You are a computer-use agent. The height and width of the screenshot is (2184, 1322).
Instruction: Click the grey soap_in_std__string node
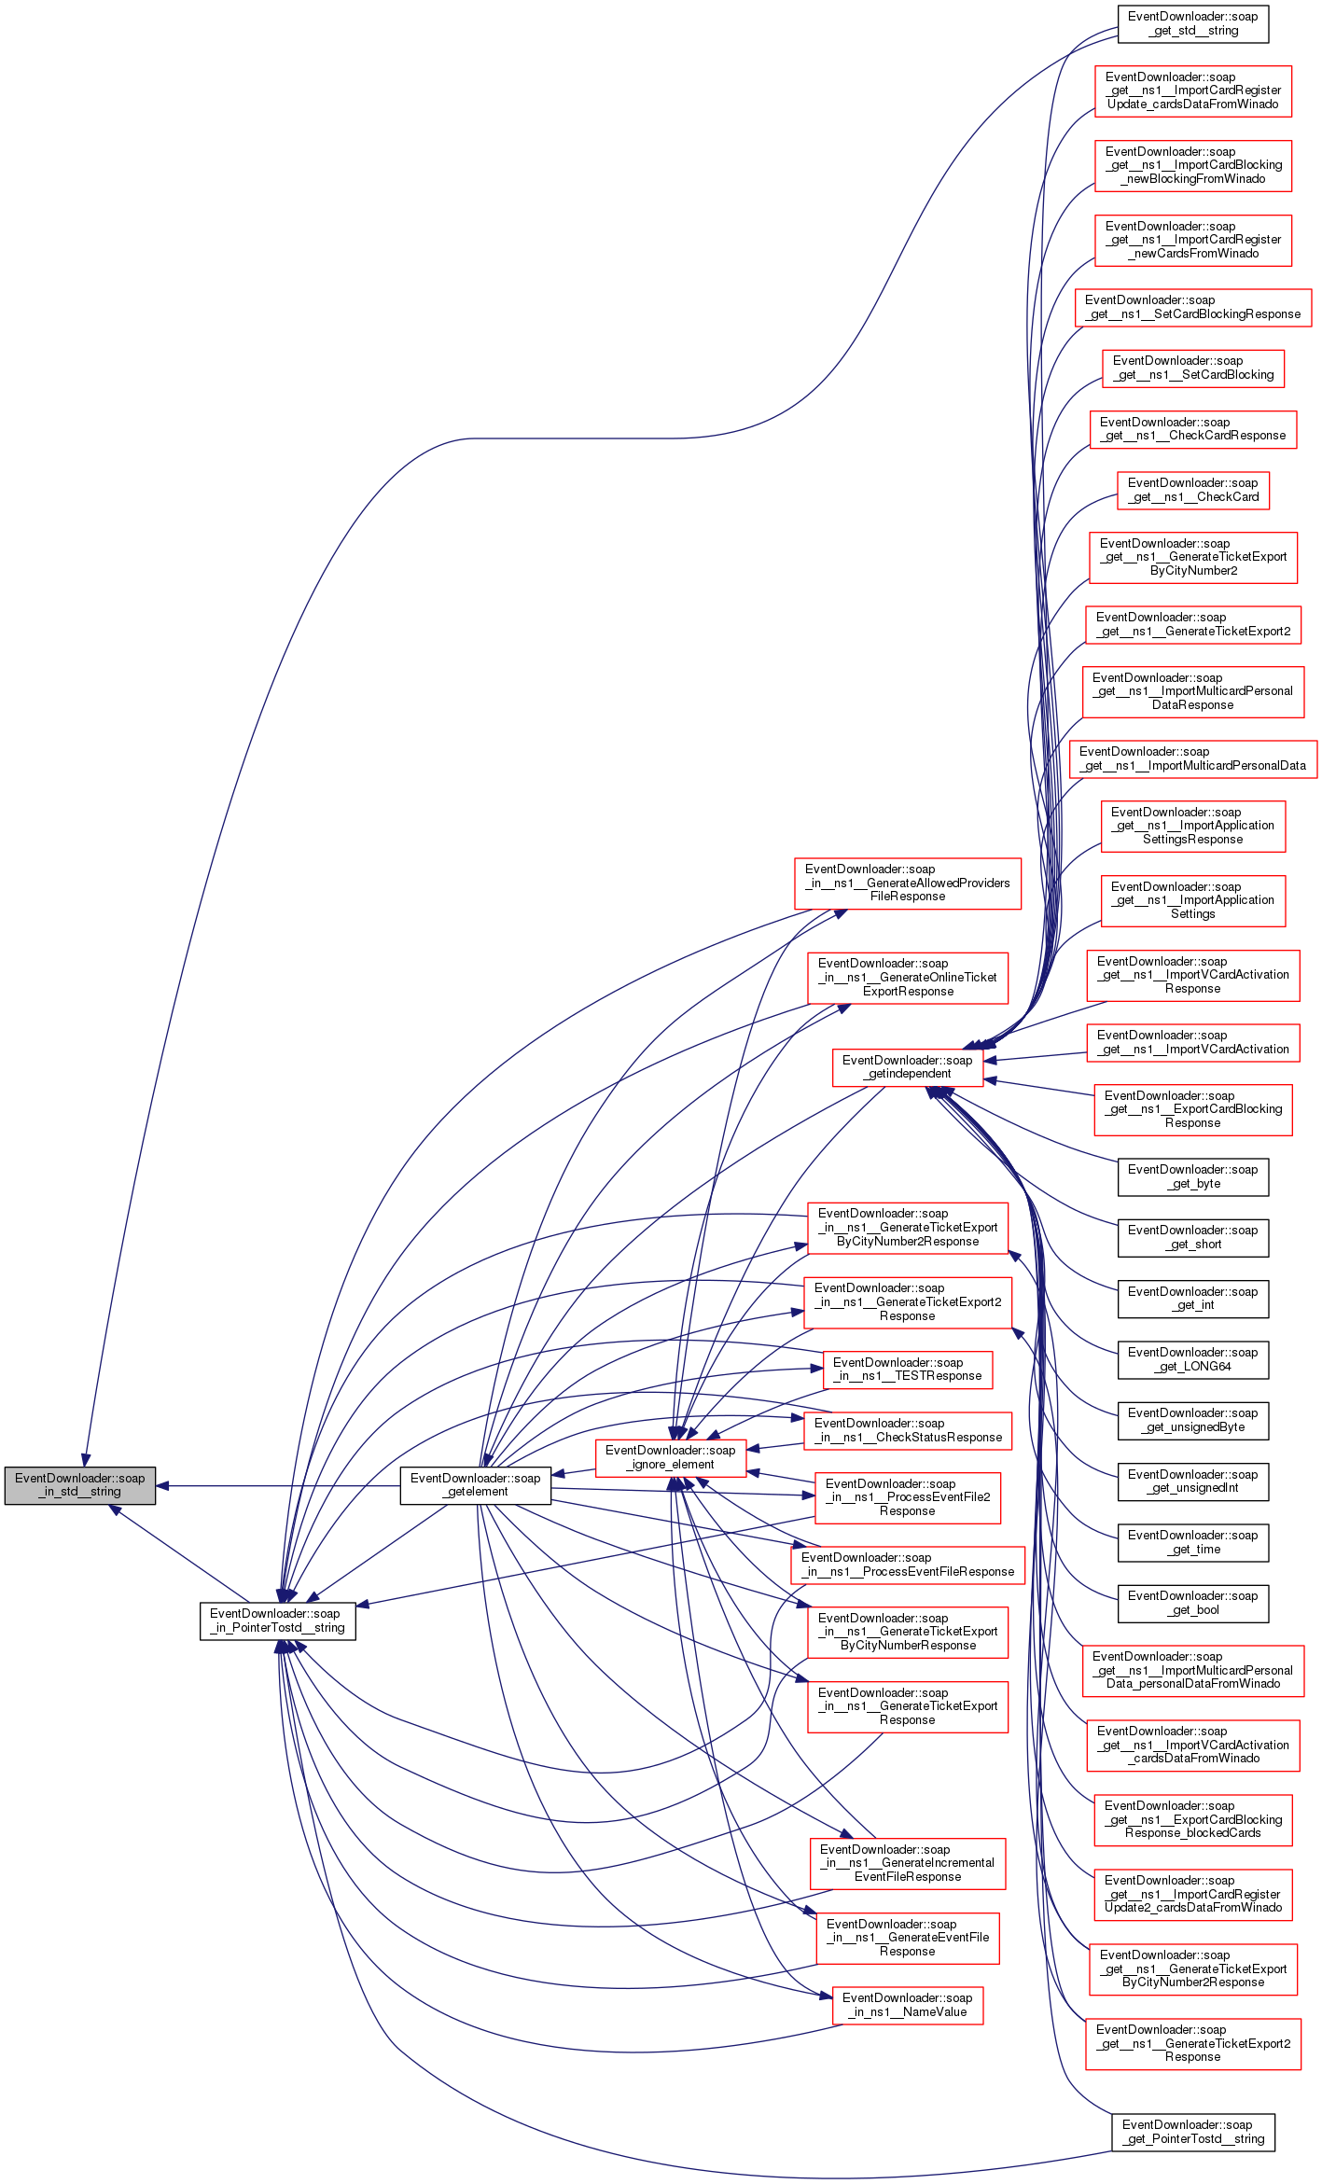79,1484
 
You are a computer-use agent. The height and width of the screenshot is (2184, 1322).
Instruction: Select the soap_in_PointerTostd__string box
277,1620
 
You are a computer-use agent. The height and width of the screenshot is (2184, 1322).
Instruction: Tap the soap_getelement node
475,1484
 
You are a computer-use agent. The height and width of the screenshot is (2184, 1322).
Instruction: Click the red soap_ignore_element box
670,1456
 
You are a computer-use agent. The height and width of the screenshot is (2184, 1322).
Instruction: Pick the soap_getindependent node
907,1066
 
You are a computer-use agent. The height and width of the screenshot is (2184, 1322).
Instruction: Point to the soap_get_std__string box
1192,23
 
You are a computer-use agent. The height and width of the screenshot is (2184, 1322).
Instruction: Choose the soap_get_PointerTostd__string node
1192,2131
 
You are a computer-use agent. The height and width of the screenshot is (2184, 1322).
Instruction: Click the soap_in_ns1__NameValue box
907,2004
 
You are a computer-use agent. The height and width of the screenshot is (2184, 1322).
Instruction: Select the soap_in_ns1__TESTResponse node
907,1369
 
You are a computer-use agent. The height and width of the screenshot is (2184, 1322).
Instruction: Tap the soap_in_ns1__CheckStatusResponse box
907,1429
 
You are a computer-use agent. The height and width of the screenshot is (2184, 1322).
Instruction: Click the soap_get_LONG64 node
1192,1358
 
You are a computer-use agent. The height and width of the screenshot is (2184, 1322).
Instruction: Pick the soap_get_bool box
1192,1602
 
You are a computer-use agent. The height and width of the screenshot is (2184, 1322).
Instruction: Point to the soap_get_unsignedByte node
1192,1419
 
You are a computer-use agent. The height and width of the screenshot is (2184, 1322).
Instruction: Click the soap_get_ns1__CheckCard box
1192,490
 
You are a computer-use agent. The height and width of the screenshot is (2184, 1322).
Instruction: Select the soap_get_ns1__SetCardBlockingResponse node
1192,307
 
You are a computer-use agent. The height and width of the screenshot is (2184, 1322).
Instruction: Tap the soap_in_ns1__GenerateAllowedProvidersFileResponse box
907,883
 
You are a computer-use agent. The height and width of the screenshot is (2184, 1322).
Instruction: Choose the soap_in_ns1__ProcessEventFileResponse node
907,1564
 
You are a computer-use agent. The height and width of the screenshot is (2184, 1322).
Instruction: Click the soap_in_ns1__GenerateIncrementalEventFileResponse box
907,1862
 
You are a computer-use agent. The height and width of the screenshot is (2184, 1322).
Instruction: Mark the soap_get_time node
1192,1541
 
